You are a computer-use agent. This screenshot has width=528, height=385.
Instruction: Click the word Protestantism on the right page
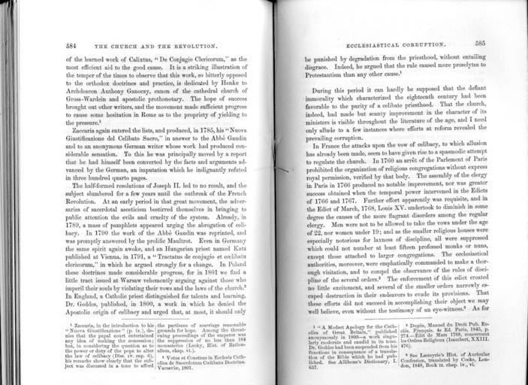(328, 77)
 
